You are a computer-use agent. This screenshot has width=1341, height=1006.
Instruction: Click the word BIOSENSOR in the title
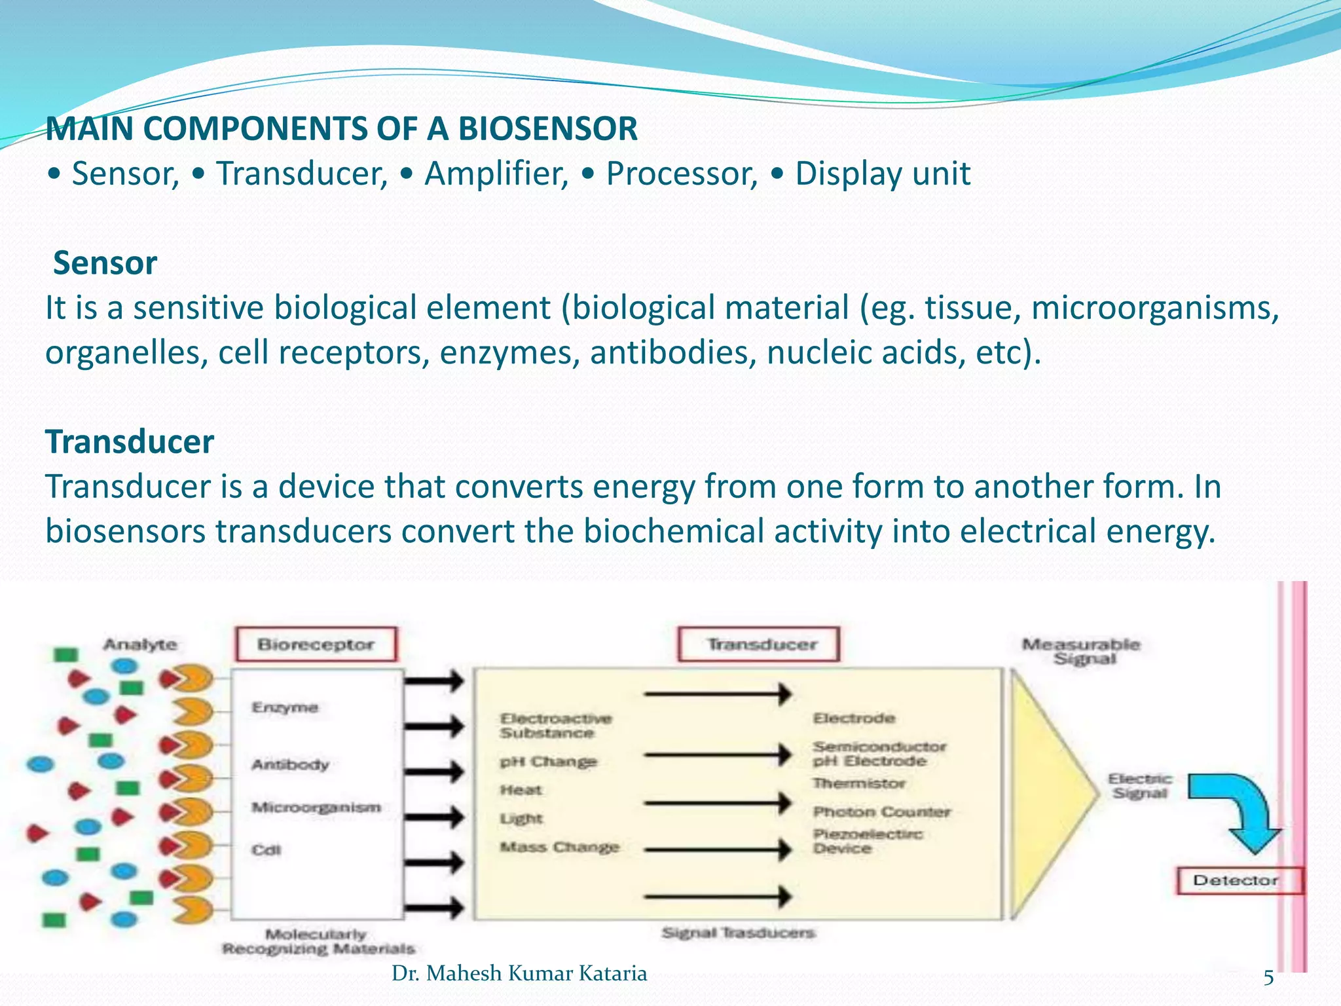[x=547, y=128]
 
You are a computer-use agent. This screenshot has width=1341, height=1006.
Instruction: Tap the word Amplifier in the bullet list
[x=496, y=174]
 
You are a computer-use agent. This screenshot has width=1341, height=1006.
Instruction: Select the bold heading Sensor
[x=105, y=263]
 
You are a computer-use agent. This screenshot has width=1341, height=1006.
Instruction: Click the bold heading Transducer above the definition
[x=130, y=442]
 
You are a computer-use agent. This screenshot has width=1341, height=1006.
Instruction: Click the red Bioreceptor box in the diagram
[x=316, y=644]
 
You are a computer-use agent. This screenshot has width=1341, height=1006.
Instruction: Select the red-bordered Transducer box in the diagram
[x=759, y=644]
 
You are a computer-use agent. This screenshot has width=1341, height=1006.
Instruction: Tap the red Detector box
[x=1235, y=880]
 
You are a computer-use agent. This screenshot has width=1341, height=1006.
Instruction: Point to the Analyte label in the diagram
[x=140, y=644]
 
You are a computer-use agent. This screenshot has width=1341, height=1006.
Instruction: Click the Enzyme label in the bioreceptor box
[x=285, y=707]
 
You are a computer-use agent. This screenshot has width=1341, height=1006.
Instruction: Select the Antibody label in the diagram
[x=290, y=764]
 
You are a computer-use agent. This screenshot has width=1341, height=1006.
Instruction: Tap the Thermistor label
[x=858, y=783]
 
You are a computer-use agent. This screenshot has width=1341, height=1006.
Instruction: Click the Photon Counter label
[x=881, y=812]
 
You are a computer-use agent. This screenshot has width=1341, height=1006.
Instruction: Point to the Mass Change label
[x=559, y=847]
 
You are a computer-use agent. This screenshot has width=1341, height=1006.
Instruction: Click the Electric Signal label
[x=1140, y=786]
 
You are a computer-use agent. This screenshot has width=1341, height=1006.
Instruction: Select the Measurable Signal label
[x=1081, y=651]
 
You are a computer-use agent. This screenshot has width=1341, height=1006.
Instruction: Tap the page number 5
[x=1268, y=978]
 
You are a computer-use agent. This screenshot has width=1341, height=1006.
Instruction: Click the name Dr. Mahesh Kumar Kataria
[x=519, y=973]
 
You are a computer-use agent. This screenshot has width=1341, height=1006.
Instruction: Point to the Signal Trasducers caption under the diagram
[x=738, y=932]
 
